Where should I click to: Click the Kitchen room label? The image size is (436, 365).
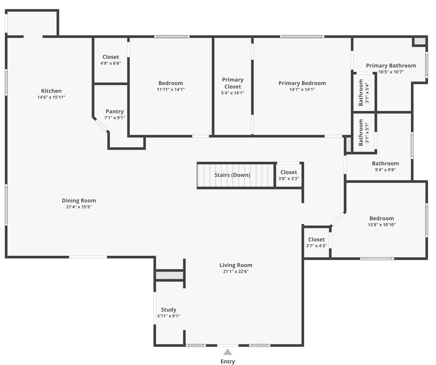[51, 91]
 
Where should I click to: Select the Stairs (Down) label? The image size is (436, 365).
[232, 175]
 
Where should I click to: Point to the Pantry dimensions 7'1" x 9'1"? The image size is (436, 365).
[114, 118]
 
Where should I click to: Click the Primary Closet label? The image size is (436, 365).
[233, 83]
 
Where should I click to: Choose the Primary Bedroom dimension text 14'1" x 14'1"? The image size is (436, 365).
[302, 90]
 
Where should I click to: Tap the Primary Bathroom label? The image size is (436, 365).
[391, 65]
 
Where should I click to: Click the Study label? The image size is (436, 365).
[169, 310]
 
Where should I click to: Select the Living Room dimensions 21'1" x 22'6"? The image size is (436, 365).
[236, 271]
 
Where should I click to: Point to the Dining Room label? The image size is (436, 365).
[79, 201]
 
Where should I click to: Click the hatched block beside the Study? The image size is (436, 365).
[170, 275]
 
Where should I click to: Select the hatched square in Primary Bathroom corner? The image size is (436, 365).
[420, 41]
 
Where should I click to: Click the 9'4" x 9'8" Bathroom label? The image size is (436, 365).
[385, 163]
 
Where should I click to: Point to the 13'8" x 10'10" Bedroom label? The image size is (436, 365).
[381, 218]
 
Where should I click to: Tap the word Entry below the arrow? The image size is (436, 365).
[228, 362]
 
